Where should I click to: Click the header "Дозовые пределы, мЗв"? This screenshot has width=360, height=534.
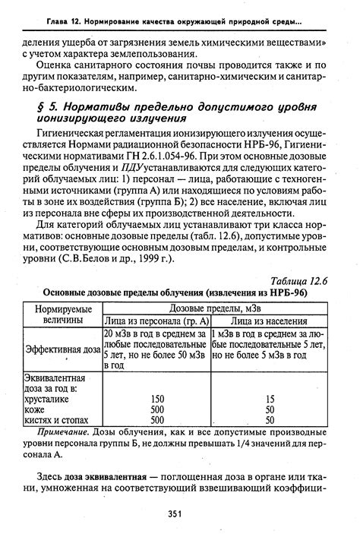[214, 308]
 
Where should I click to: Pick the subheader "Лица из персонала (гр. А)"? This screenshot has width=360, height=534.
[156, 321]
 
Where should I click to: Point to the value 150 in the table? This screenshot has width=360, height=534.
[157, 398]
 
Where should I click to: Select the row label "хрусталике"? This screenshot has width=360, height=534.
[49, 398]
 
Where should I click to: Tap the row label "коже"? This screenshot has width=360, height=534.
[37, 409]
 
